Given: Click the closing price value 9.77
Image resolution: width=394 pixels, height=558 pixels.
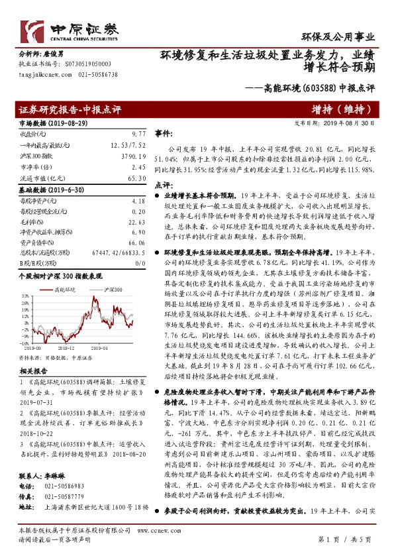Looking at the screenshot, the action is pos(138,133).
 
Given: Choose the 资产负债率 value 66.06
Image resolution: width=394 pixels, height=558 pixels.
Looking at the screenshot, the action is pos(137,243).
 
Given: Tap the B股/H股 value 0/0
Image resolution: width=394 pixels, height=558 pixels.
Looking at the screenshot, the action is pos(139,262).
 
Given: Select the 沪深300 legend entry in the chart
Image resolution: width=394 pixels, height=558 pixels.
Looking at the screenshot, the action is pos(113,290).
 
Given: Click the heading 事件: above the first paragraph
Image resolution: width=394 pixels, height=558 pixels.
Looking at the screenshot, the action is pos(163,133).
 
